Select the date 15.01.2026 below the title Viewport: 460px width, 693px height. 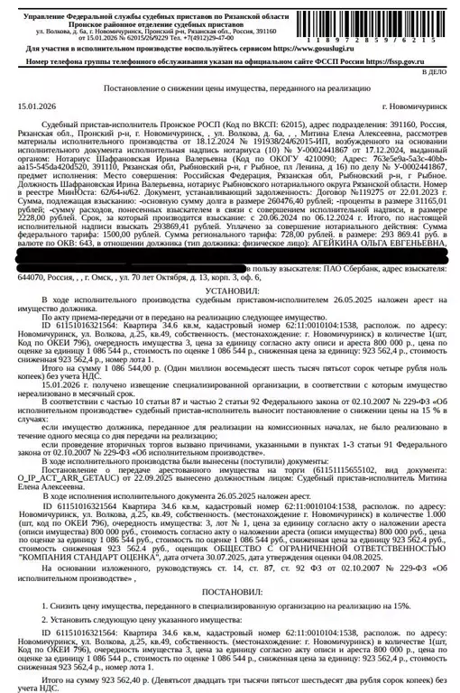(34, 106)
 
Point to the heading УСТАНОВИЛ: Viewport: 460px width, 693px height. (230, 267)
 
